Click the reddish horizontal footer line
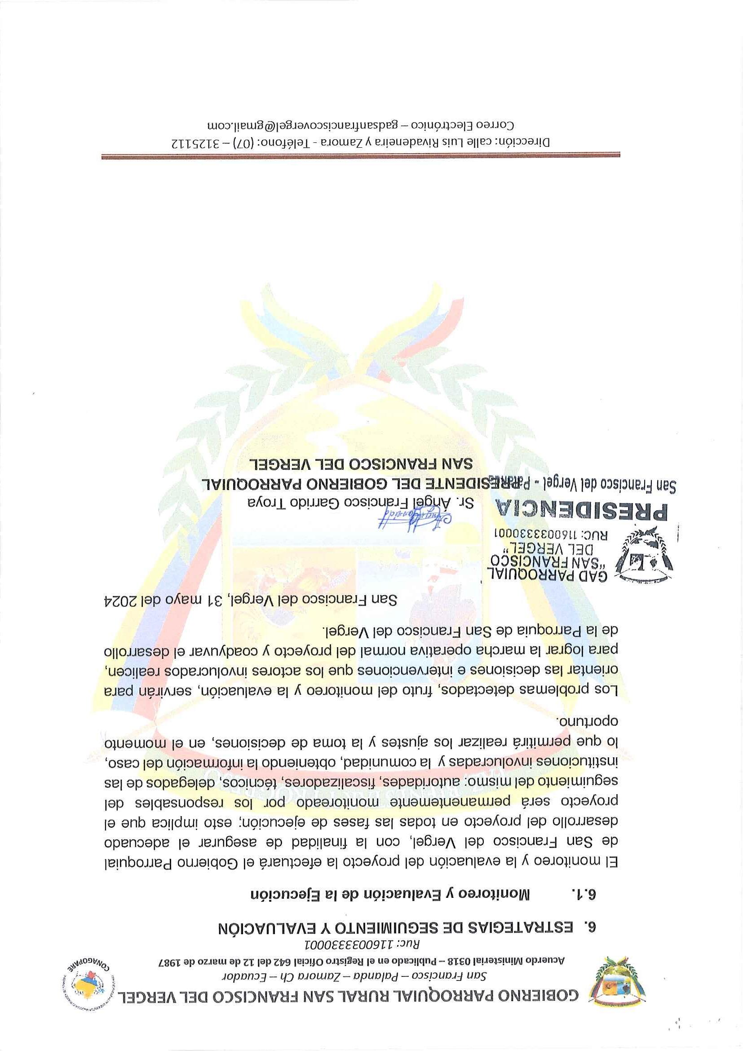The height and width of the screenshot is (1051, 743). coord(360,157)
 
